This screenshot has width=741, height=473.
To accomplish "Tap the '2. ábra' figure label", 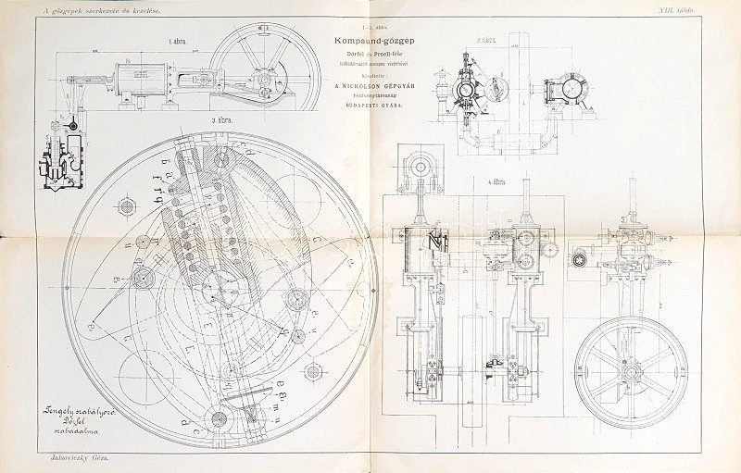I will pyautogui.click(x=485, y=41).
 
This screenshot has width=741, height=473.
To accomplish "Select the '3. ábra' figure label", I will pyautogui.click(x=220, y=121).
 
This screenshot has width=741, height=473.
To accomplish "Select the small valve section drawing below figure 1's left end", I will pyautogui.click(x=55, y=162).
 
